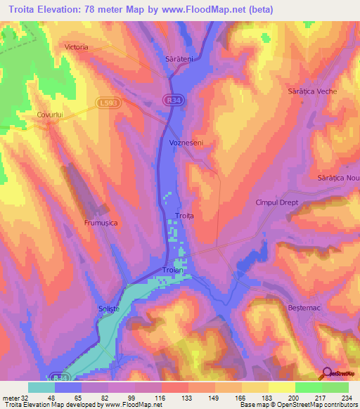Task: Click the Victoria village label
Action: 76,47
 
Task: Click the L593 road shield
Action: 105,103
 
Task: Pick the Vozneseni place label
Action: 186,143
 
